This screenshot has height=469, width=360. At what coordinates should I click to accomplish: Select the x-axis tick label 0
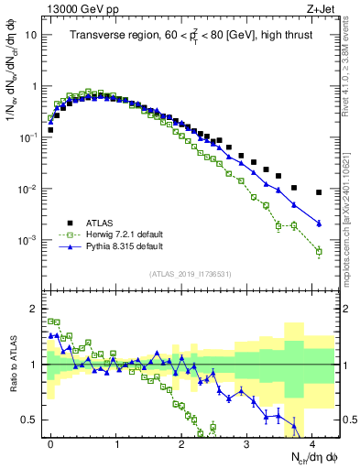click(51, 442)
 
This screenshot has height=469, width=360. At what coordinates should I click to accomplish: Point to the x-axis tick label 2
click(181, 442)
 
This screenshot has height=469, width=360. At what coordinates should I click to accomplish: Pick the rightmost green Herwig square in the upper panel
click(319, 251)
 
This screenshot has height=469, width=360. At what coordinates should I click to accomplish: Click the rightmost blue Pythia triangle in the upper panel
click(319, 223)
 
